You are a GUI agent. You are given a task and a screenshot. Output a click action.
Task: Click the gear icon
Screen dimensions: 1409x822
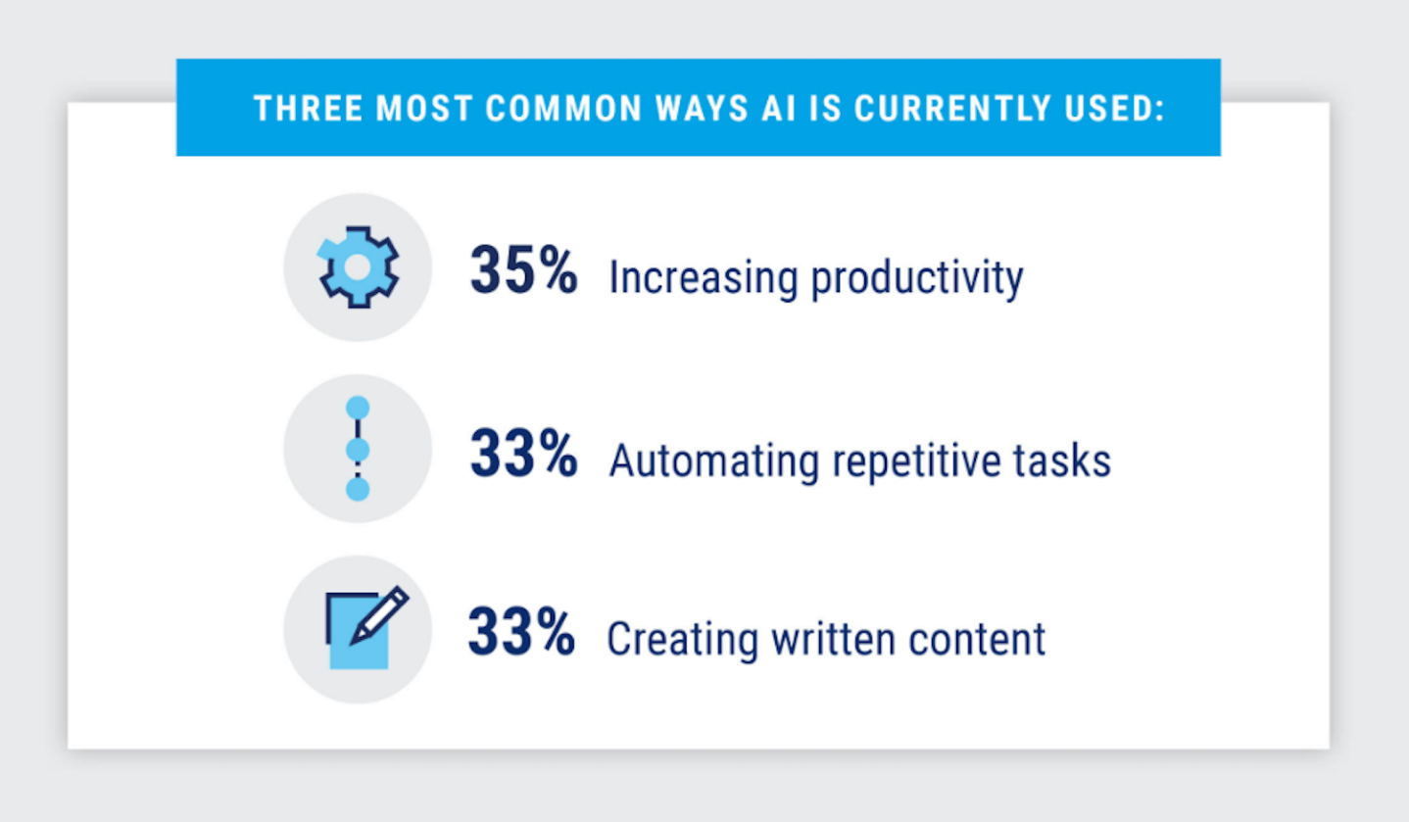(x=358, y=267)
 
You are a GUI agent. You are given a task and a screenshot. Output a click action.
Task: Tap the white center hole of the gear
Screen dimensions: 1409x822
(x=358, y=267)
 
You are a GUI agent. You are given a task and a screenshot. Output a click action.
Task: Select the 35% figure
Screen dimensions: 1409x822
(x=523, y=270)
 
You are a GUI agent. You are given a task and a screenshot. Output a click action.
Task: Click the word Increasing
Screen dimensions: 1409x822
(x=704, y=277)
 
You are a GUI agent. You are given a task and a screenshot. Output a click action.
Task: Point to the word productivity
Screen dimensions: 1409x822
(x=917, y=278)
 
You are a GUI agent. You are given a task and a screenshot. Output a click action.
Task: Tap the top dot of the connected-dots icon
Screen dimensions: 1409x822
(x=358, y=408)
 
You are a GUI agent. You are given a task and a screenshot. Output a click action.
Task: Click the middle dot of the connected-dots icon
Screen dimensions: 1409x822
(x=358, y=450)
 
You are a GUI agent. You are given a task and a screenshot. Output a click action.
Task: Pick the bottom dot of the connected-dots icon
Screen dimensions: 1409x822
(x=358, y=489)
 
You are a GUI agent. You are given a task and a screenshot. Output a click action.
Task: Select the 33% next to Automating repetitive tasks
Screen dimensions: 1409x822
(x=523, y=453)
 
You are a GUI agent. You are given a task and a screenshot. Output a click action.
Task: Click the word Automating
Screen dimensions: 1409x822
(x=714, y=461)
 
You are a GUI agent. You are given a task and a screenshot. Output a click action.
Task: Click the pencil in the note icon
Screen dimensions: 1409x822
(x=379, y=615)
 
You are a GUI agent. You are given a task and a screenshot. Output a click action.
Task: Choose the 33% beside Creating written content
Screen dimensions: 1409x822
(x=521, y=631)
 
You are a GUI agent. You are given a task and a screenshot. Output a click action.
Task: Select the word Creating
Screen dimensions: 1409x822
(x=683, y=640)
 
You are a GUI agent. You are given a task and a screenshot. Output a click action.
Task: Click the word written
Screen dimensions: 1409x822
(x=834, y=639)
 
